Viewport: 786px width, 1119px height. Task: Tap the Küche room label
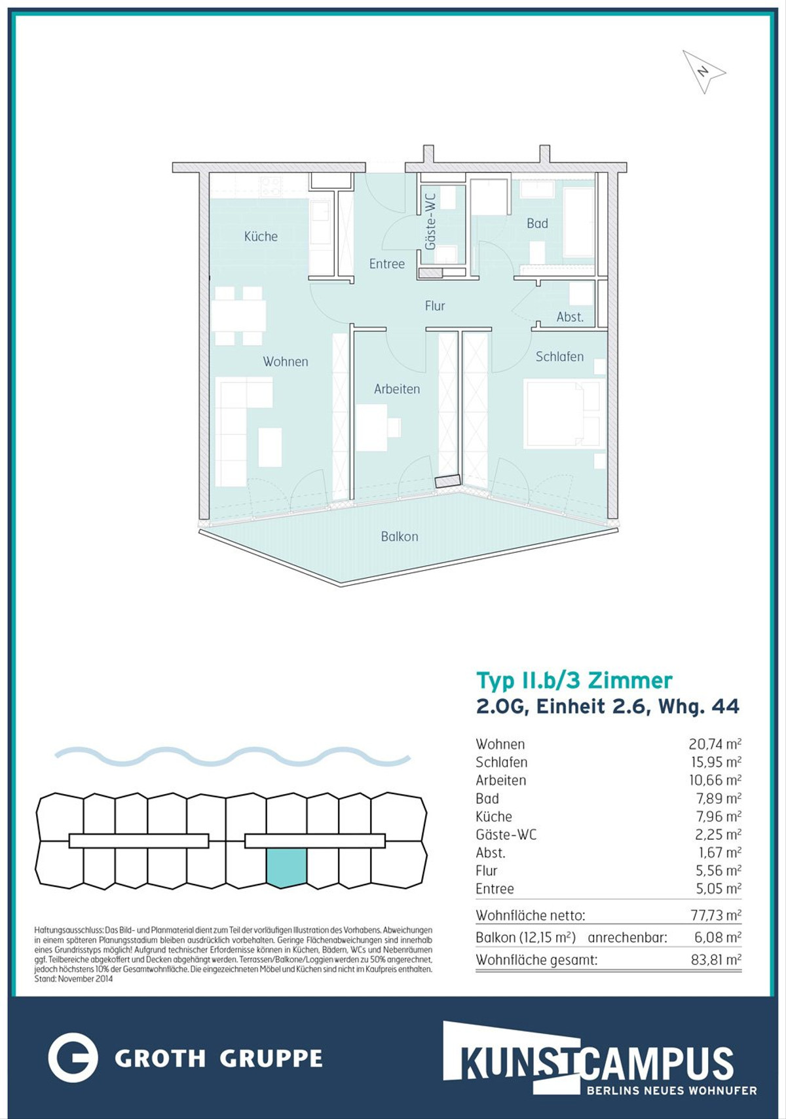pos(261,237)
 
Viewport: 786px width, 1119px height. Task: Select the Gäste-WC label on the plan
pos(430,222)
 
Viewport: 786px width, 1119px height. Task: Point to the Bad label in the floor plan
pos(537,223)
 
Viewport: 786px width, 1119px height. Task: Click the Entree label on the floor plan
pos(387,264)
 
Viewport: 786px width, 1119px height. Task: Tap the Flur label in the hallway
pos(434,306)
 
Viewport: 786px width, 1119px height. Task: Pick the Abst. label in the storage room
pos(571,316)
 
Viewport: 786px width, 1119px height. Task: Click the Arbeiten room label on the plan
pos(397,389)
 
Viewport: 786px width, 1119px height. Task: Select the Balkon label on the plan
pos(400,537)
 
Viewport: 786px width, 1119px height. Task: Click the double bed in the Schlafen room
pos(562,413)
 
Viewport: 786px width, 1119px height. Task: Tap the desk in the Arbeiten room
pos(372,428)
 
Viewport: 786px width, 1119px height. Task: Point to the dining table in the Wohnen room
pos(238,316)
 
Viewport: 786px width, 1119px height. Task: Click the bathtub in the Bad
pos(579,223)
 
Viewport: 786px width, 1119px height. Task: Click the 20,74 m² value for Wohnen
pos(715,744)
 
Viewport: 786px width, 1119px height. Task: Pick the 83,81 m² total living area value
pos(716,960)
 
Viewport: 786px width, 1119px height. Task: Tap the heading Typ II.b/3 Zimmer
pos(574,681)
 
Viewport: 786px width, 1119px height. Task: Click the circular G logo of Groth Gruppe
pos(73,1057)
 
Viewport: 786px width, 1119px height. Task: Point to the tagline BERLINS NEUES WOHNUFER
pos(671,1091)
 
